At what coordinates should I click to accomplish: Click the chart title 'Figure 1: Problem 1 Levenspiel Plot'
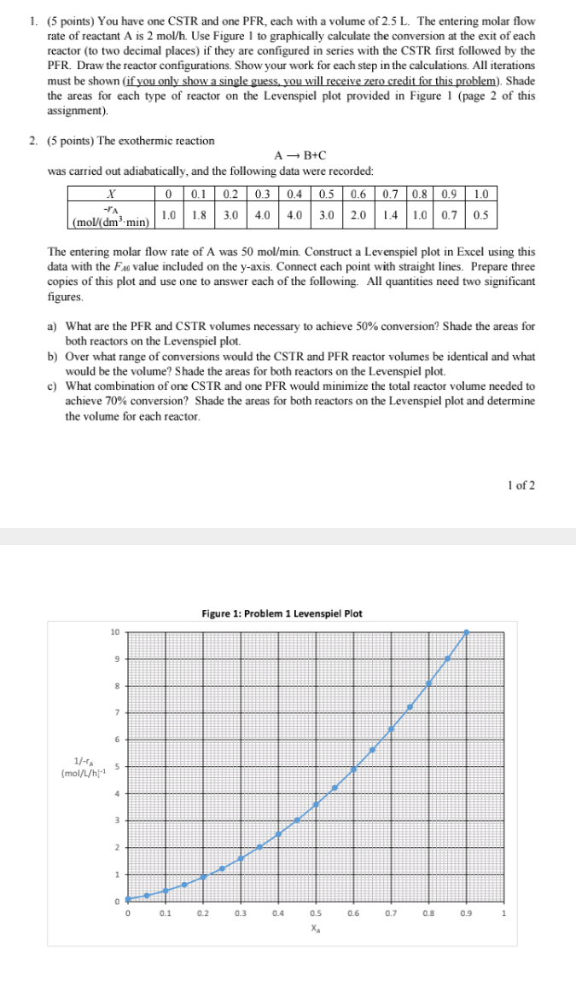tap(282, 613)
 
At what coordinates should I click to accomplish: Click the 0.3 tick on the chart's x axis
tap(241, 913)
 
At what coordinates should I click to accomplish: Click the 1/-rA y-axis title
tap(78, 767)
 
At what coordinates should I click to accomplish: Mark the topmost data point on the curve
tap(466, 632)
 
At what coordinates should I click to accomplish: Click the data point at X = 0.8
tap(428, 683)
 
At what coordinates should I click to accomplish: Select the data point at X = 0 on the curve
tap(127, 898)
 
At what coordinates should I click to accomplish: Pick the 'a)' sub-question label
tap(53, 327)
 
